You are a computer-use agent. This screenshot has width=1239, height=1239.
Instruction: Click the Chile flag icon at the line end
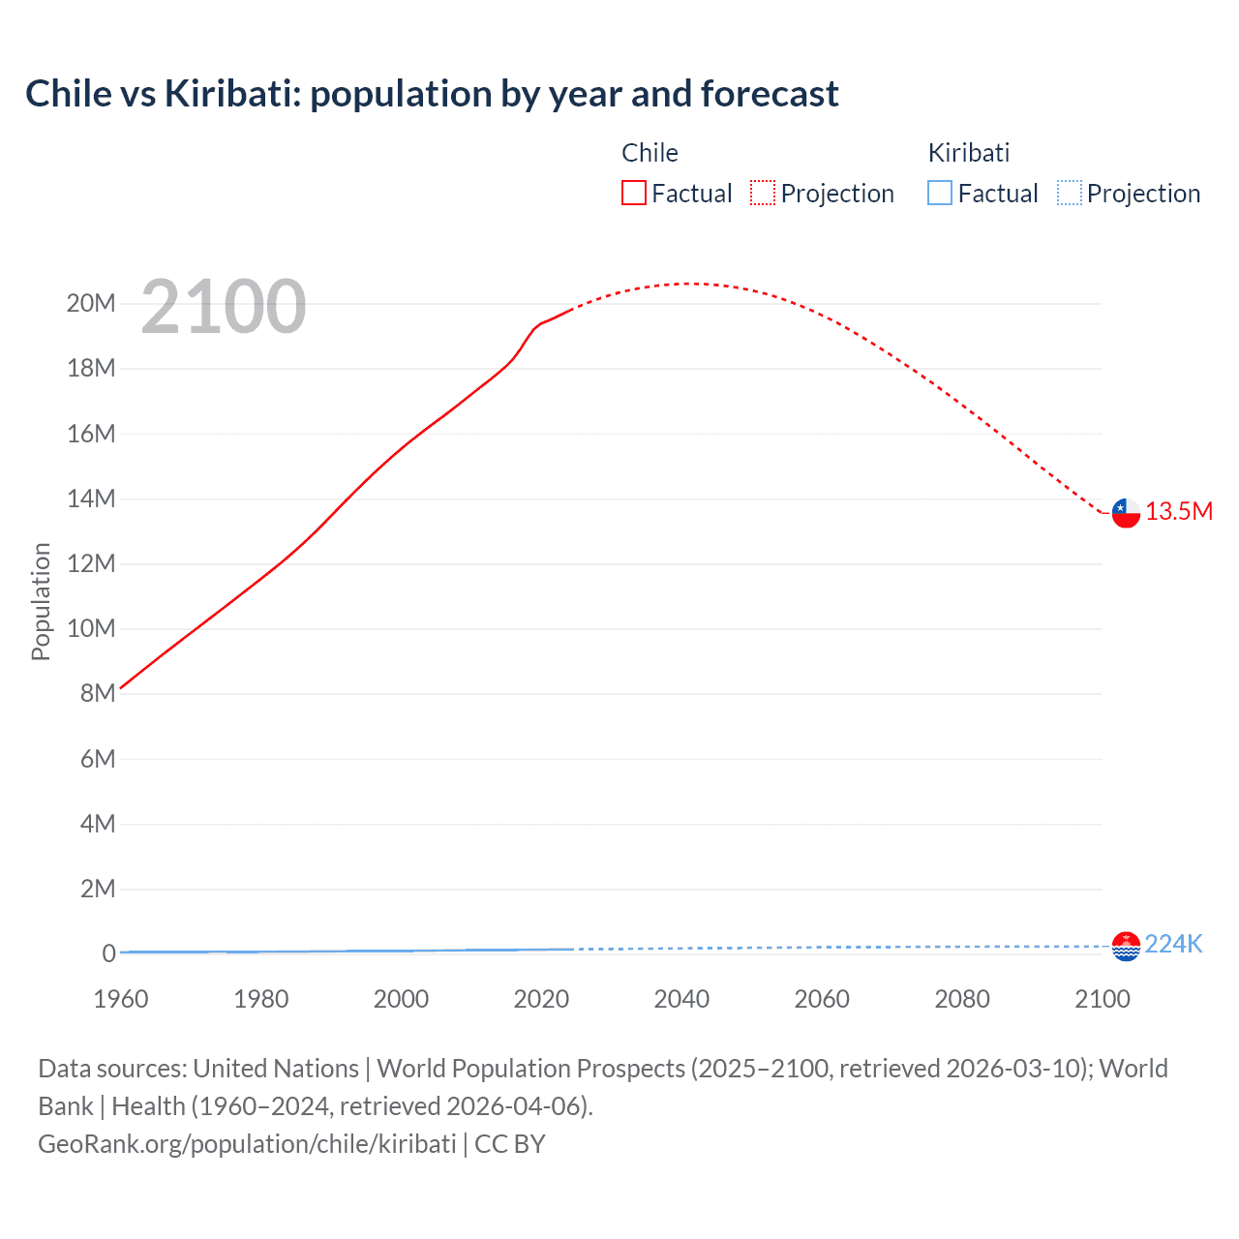click(1126, 513)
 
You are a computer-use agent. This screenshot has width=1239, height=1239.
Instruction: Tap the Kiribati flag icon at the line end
click(1126, 946)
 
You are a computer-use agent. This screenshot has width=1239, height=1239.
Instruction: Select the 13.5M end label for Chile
click(1179, 512)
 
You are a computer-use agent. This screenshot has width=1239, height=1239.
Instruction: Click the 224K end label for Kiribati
click(1173, 945)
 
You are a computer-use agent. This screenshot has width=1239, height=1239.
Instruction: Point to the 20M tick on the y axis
click(91, 304)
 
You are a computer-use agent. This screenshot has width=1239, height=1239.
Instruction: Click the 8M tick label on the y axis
click(97, 694)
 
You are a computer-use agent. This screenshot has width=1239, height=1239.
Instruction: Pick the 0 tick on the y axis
click(108, 954)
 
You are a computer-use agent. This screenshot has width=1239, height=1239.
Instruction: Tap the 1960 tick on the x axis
click(121, 999)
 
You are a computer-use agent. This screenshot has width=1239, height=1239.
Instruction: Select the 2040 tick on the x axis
click(681, 999)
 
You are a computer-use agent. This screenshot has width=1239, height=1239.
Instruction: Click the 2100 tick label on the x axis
click(1102, 999)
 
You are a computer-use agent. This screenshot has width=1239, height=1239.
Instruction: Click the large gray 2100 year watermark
click(224, 308)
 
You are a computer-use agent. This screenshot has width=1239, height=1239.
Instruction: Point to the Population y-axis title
click(41, 601)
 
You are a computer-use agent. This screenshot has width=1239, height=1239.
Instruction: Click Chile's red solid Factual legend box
click(633, 194)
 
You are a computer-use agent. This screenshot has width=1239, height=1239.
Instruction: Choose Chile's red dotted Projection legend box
click(763, 194)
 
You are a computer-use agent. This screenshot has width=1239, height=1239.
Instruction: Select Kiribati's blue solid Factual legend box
click(940, 194)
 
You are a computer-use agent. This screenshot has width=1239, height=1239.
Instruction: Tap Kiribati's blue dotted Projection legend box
click(1070, 194)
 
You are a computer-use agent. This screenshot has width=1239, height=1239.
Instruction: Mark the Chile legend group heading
click(650, 153)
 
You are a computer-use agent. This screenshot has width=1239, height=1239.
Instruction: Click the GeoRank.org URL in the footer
click(247, 1144)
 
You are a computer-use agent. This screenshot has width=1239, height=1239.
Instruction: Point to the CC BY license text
click(510, 1144)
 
